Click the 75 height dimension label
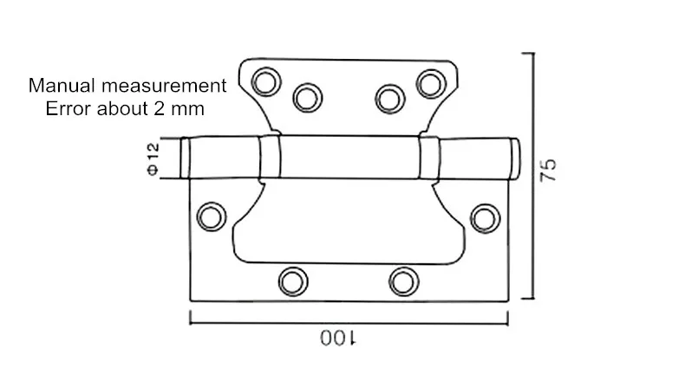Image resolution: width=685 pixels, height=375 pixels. [x=548, y=170]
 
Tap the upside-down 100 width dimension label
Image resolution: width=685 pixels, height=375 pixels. [x=338, y=339]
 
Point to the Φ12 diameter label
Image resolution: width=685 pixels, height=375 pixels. [x=153, y=158]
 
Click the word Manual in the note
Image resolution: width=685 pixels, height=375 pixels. [x=62, y=86]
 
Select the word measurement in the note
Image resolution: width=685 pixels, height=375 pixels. [x=164, y=86]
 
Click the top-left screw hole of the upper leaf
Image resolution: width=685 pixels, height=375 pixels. [x=266, y=81]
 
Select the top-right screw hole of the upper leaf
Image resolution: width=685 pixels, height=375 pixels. [x=431, y=83]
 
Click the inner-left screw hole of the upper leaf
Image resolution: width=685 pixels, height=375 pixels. [x=308, y=98]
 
